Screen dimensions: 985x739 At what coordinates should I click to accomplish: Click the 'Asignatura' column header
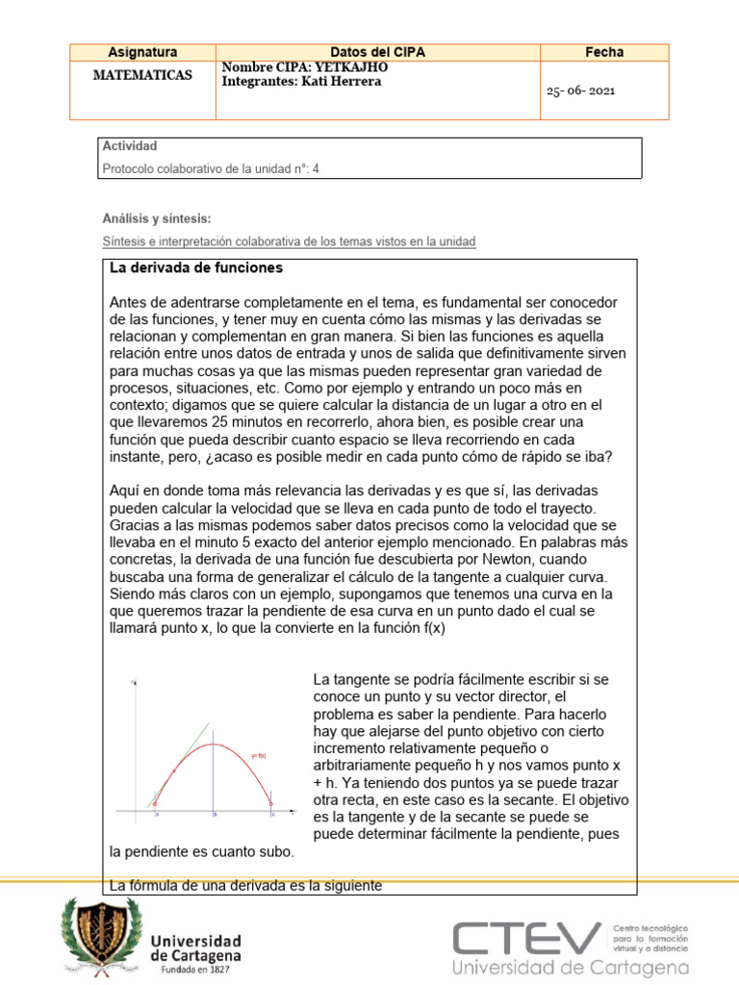[x=142, y=52]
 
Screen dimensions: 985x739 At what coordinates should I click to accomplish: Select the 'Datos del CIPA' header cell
[x=377, y=52]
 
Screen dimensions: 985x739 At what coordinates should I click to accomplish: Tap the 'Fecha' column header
[x=604, y=52]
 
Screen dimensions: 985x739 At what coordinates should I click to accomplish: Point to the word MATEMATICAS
[x=142, y=75]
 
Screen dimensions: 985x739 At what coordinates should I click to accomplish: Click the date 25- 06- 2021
[x=580, y=90]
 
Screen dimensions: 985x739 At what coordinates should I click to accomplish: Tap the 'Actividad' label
[x=129, y=146]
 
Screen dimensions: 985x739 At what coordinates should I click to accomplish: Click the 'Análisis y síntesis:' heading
[x=156, y=219]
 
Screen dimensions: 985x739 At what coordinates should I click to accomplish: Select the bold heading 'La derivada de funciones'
[x=196, y=267]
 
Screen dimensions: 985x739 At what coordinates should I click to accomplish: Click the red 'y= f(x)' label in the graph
[x=257, y=755]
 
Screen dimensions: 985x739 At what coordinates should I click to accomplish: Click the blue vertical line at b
[x=214, y=770]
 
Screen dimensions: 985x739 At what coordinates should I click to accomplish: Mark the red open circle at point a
[x=156, y=803]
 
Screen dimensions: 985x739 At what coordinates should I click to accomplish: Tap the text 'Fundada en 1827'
[x=196, y=971]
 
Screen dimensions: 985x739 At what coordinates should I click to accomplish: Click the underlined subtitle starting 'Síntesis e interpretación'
[x=289, y=241]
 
